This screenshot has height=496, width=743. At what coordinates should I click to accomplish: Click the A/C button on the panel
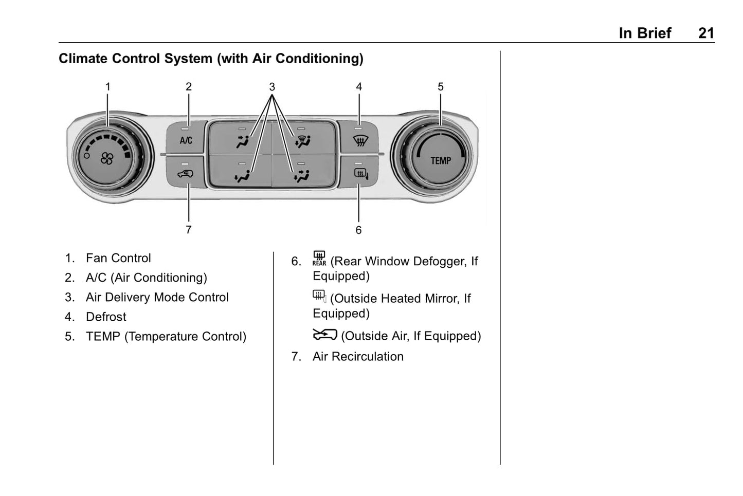(x=186, y=140)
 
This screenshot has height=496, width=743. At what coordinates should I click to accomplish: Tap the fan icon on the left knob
(x=107, y=159)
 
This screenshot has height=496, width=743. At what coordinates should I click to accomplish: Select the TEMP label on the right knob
(x=441, y=161)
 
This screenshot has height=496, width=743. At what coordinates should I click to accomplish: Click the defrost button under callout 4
(x=359, y=140)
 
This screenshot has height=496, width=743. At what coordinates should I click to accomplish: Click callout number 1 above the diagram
(x=108, y=87)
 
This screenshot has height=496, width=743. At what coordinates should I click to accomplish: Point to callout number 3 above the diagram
(x=272, y=87)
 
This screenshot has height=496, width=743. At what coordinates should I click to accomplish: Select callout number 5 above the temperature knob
(x=441, y=87)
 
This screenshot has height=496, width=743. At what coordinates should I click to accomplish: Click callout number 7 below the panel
(x=189, y=230)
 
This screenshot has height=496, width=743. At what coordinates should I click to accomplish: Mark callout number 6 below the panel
(x=358, y=230)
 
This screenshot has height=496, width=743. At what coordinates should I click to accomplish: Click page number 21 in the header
(x=706, y=33)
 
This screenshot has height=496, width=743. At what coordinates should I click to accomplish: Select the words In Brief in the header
(x=645, y=33)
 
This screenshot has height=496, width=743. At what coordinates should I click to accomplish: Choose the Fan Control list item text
(x=118, y=258)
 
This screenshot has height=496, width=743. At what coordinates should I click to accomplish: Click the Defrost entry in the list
(x=106, y=317)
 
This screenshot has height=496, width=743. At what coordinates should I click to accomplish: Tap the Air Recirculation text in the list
(x=358, y=356)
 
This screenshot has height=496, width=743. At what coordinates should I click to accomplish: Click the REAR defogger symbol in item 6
(x=319, y=259)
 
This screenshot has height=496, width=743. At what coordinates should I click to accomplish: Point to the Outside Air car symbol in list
(x=324, y=335)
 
